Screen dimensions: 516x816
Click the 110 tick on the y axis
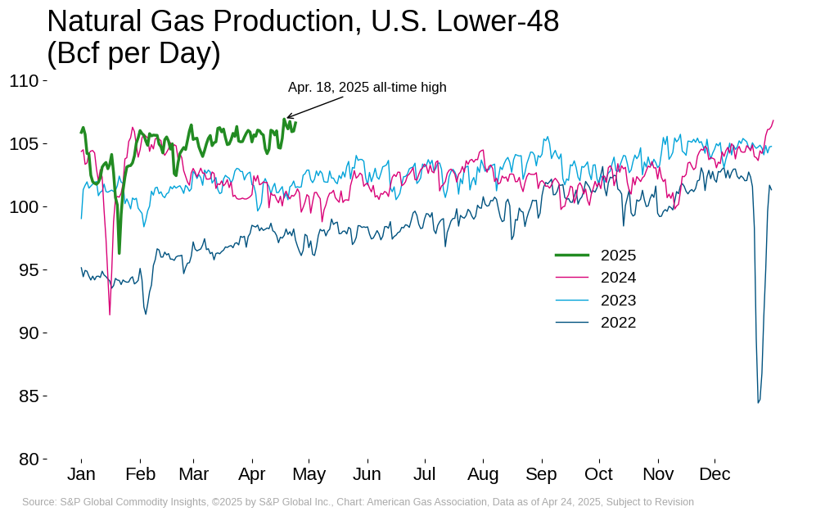click(x=24, y=80)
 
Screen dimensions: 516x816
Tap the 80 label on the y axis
click(x=29, y=459)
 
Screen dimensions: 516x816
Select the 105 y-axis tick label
click(x=24, y=143)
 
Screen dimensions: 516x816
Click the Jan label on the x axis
click(x=81, y=474)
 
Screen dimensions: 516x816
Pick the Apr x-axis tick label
click(x=251, y=474)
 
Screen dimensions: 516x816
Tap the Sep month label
click(x=541, y=474)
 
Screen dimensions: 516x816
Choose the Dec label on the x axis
click(x=715, y=474)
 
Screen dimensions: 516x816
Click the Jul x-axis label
click(x=424, y=474)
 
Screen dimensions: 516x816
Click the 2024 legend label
click(x=618, y=278)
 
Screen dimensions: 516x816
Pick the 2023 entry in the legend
click(x=618, y=300)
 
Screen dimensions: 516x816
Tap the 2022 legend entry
click(x=618, y=323)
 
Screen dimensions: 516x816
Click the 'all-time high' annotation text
click(x=409, y=88)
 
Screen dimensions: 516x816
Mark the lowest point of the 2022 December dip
click(x=758, y=402)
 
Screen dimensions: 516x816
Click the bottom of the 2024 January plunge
click(x=110, y=314)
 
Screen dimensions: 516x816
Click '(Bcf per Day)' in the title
click(x=133, y=53)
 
